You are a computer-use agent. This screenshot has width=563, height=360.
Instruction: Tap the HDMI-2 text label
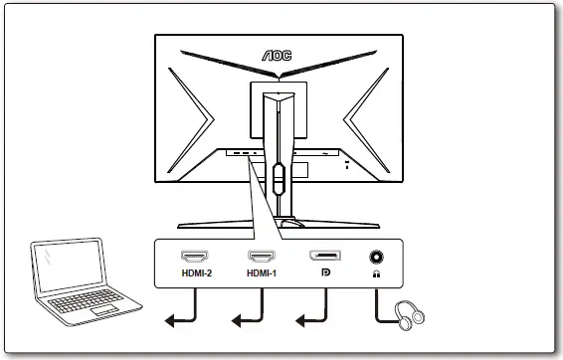(x=197, y=273)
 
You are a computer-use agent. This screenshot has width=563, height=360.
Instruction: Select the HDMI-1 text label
(x=263, y=273)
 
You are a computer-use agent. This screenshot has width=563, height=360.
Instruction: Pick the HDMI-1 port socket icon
(x=263, y=257)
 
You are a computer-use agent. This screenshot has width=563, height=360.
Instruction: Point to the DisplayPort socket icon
(x=324, y=257)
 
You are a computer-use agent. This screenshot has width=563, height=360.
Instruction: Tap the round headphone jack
(x=377, y=257)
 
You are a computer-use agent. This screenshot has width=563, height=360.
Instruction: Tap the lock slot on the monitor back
(x=346, y=166)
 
